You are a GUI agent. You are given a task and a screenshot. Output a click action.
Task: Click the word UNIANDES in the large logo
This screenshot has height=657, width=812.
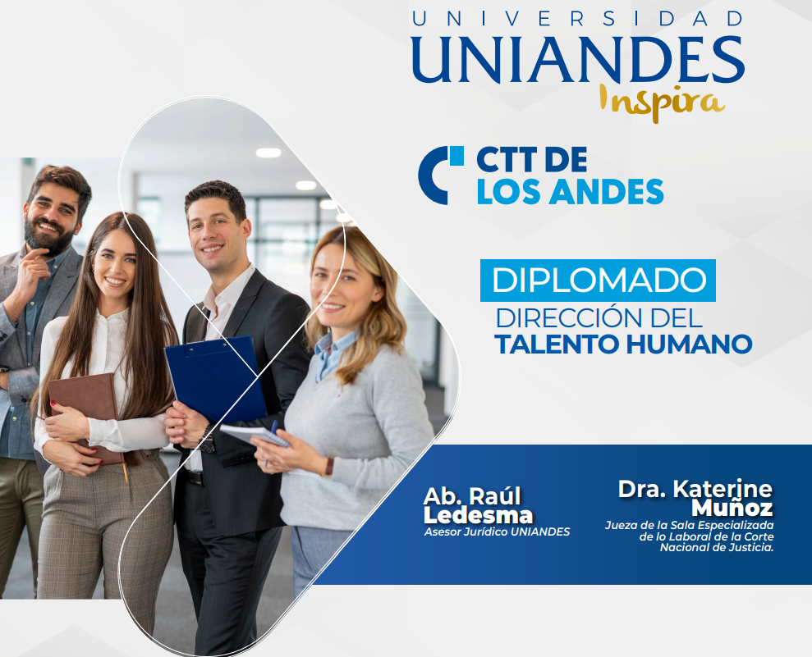point(579,60)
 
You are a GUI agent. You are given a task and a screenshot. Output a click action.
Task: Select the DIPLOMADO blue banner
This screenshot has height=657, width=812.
point(598,281)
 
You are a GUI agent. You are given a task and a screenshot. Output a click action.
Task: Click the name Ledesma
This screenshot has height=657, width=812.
point(478,516)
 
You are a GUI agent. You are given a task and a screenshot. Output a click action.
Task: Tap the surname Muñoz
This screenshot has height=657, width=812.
point(732,508)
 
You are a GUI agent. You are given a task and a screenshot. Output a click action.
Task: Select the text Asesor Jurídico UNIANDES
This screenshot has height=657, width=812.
point(497,532)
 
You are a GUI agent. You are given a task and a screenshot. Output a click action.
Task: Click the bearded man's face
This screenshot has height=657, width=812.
point(51,217)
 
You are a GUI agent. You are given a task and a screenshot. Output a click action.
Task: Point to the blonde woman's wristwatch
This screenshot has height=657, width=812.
point(328,468)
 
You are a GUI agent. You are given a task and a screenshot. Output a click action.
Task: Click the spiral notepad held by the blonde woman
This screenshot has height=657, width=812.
point(255,435)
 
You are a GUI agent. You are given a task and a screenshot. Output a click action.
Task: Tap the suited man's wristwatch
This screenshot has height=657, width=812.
point(207,440)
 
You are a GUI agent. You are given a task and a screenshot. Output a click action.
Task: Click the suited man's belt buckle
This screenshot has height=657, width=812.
point(195,478)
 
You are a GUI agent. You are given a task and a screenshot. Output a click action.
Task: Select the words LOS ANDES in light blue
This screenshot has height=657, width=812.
point(570,192)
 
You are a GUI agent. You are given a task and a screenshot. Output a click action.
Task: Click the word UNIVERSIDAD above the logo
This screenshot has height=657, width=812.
point(578,19)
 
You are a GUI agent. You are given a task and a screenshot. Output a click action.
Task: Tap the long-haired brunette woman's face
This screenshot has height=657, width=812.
point(114,264)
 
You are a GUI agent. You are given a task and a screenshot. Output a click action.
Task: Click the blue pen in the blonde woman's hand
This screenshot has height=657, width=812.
point(270,443)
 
